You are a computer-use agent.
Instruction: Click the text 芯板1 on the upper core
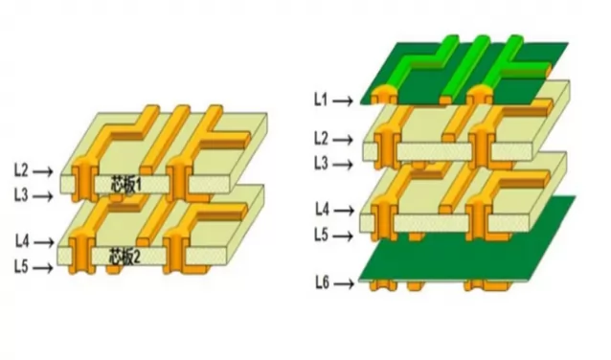point(126,183)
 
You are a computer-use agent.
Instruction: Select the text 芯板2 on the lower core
point(126,257)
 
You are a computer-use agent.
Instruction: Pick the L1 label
point(322,99)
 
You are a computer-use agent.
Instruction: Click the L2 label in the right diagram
point(322,139)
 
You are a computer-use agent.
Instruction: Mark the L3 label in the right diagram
point(322,164)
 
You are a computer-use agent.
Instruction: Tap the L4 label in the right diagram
point(322,209)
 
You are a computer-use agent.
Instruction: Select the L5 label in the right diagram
point(322,234)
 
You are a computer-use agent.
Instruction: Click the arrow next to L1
point(346,99)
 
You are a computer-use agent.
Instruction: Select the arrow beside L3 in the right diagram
point(346,164)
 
